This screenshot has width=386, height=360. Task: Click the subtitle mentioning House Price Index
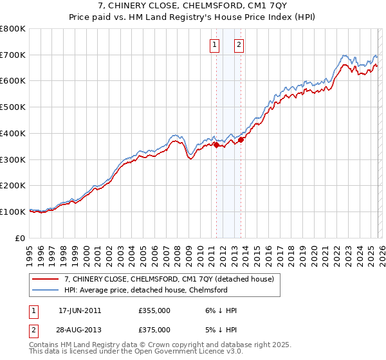coord(192,18)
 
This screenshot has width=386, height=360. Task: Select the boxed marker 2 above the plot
coord(239,45)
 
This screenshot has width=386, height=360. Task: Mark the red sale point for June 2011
coord(216,145)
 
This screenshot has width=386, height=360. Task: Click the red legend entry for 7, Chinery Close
coord(169,279)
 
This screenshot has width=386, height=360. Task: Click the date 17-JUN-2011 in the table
coord(80,310)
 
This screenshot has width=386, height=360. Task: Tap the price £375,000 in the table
coord(154,329)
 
